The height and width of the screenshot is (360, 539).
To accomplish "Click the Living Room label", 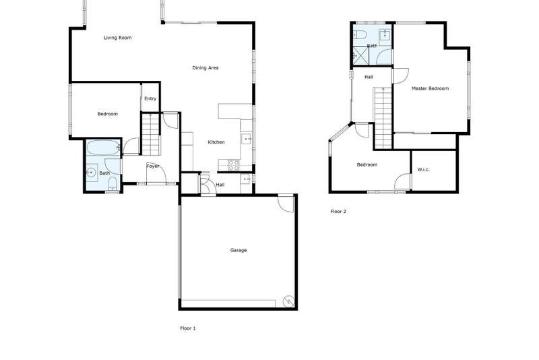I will tap(117, 38).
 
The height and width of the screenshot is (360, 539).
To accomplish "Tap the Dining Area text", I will tap(205, 67).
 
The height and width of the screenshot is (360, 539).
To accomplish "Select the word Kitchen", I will tap(216, 142).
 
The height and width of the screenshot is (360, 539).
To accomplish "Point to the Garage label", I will tap(239, 250).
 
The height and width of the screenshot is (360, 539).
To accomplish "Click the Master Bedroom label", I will tap(430, 88).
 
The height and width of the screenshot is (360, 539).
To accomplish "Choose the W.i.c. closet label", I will tap(424, 169).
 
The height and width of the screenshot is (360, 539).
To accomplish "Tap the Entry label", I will tap(150, 99).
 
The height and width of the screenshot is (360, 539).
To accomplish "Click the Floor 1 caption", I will tap(188, 328).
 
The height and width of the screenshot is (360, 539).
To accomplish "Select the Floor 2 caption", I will tap(338, 212).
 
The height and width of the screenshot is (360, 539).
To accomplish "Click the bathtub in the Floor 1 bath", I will tap(103, 147).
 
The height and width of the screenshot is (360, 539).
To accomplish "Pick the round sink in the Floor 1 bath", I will tap(91, 173).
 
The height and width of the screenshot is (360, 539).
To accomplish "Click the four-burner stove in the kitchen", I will tap(234, 163).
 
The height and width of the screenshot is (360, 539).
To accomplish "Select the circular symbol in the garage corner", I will tap(289, 301).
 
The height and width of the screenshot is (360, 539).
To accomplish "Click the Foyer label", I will tap(153, 166).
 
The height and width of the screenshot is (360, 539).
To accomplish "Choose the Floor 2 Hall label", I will tap(369, 78).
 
